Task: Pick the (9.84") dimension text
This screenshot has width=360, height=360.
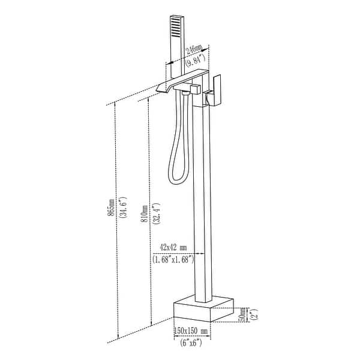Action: [x=192, y=59]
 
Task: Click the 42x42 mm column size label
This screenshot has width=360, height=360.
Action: [x=174, y=247]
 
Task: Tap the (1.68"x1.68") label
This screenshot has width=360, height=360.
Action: [x=174, y=259]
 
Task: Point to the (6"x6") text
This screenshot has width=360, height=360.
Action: [x=188, y=343]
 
